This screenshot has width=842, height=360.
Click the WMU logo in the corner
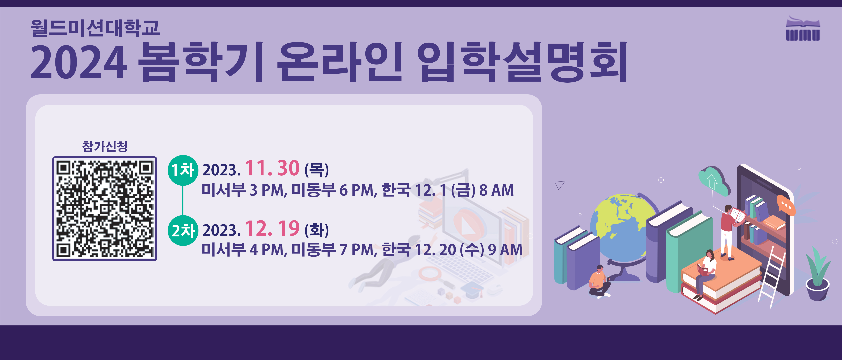[x=803, y=29]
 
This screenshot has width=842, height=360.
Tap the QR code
[x=105, y=209]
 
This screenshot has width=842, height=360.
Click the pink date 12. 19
[x=272, y=228]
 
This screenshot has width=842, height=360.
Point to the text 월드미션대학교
[x=95, y=28]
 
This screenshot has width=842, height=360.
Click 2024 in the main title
[x=78, y=62]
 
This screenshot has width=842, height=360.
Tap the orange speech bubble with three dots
[x=786, y=205]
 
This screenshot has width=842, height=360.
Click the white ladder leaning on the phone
[x=772, y=276]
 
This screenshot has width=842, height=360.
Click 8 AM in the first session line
[x=497, y=190]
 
